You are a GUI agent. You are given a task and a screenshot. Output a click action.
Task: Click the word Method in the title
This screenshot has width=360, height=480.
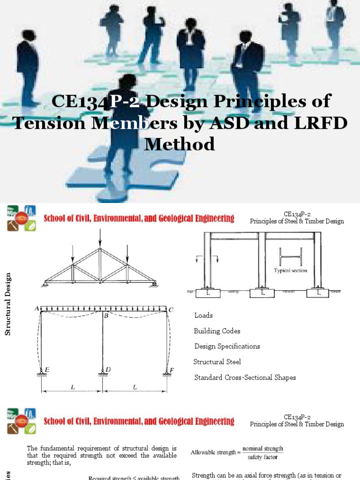point(180,143)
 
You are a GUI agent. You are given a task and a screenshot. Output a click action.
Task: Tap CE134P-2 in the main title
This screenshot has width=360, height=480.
point(88,101)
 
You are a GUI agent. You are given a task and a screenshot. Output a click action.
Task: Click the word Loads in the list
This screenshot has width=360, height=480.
point(203,315)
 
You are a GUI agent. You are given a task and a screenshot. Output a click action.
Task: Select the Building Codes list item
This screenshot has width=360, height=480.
point(217,331)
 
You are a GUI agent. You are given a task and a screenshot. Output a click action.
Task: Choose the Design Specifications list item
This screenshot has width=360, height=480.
point(227,346)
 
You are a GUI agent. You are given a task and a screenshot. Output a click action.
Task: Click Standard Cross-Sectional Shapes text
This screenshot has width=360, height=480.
point(245,377)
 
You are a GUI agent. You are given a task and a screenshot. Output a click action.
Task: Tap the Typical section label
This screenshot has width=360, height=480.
point(291,270)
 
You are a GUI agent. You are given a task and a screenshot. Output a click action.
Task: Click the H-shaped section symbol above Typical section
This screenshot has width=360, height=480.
point(290,257)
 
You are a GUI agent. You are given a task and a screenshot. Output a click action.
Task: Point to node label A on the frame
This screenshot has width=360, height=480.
point(37,308)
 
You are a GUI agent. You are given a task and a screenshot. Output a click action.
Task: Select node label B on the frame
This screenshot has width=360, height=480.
point(106,316)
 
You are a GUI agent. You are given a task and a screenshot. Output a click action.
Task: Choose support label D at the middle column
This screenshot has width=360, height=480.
point(108,370)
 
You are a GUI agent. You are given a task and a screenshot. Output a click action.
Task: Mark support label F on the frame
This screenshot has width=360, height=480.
point(172,370)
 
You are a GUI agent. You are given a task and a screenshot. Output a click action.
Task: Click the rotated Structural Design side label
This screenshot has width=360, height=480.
point(7,305)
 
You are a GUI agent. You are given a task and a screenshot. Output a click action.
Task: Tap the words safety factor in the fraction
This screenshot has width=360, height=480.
point(262,457)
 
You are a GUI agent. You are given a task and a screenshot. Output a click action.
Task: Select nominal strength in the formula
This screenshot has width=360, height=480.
point(262,449)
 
